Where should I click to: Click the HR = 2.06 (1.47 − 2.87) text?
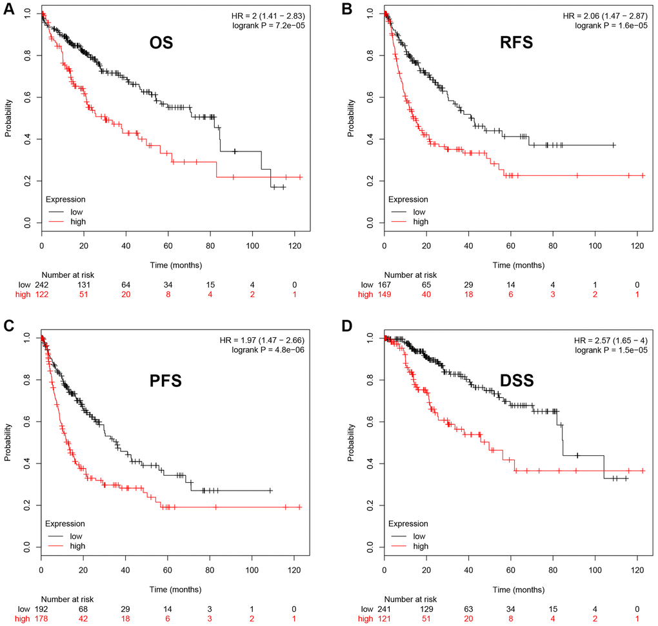pyautogui.click(x=604, y=14)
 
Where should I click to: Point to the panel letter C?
pyautogui.click(x=9, y=325)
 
